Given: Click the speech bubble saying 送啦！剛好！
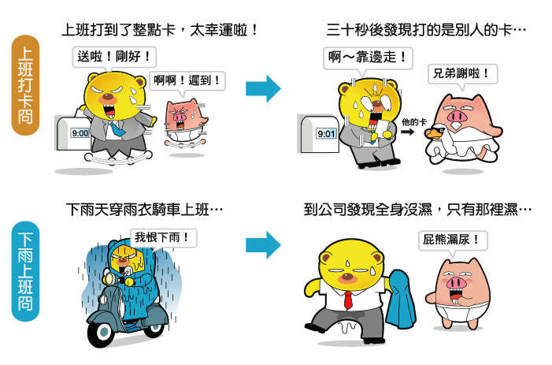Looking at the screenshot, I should point(113,57).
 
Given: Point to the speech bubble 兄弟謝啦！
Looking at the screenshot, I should point(463,74).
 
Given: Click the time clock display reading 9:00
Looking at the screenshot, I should point(80,133).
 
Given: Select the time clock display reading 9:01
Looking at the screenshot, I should point(326,133).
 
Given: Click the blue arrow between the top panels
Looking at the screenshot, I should point(262,88).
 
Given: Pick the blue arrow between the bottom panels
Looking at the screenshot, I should point(262,244).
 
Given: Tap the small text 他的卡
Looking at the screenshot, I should point(413,121).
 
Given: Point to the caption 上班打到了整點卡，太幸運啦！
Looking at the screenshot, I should point(161,31).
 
